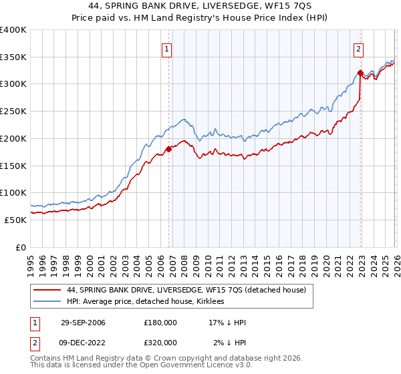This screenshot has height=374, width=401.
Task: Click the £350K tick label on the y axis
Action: (x=13, y=57)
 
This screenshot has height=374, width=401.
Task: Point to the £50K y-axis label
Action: (x=15, y=220)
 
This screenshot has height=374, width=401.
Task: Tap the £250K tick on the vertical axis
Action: (x=13, y=112)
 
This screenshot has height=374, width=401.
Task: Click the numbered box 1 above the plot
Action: (x=166, y=48)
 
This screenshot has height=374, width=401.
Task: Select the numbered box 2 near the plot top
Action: (x=359, y=48)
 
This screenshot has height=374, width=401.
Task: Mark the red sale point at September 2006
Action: (x=168, y=149)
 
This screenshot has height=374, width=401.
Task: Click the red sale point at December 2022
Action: (x=360, y=73)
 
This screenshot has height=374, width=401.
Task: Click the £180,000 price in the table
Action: (x=160, y=323)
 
